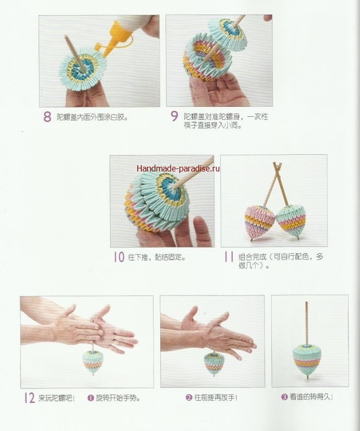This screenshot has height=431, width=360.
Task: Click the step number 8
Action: (x=47, y=117)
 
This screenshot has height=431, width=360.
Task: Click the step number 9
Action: (x=174, y=117)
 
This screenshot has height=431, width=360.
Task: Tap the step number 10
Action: (x=119, y=257)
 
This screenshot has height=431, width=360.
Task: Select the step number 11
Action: (x=229, y=257)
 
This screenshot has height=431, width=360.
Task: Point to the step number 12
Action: (x=30, y=398)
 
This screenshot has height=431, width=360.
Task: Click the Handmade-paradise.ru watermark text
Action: (x=178, y=168)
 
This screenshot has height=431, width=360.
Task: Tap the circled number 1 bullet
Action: (x=91, y=398)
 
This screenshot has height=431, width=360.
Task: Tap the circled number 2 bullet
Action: (x=189, y=398)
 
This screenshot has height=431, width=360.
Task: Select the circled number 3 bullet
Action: (x=284, y=397)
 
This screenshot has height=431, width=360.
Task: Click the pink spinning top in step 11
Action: (x=259, y=221)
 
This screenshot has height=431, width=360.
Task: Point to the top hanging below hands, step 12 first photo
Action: (x=93, y=362)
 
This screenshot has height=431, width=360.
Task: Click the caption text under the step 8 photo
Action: (x=92, y=117)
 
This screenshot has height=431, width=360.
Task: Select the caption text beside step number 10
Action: (x=157, y=257)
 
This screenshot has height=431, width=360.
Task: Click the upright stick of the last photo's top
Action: (x=306, y=323)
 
